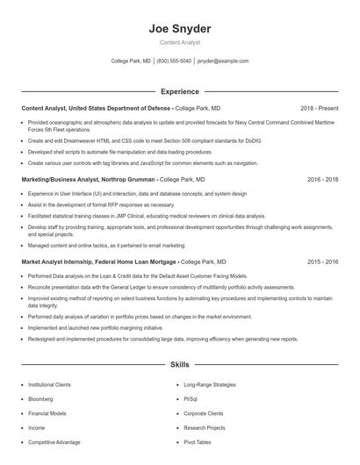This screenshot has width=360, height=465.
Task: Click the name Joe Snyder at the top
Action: point(179,28)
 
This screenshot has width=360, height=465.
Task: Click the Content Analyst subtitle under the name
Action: point(179,43)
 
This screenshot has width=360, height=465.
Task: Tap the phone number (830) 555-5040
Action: point(174,61)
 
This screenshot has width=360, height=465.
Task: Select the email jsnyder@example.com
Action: point(223,61)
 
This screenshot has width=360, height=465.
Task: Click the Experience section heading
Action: point(179,90)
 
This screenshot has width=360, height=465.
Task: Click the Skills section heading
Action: point(179,363)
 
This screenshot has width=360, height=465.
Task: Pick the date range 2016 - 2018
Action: point(322,178)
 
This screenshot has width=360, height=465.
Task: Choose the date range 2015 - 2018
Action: point(322,261)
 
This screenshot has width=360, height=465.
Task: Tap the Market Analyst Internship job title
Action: point(98,261)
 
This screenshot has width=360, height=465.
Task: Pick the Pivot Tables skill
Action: point(198,442)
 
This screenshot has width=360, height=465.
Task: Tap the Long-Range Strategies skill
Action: point(209,384)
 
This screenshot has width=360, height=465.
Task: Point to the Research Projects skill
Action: point(204,428)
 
